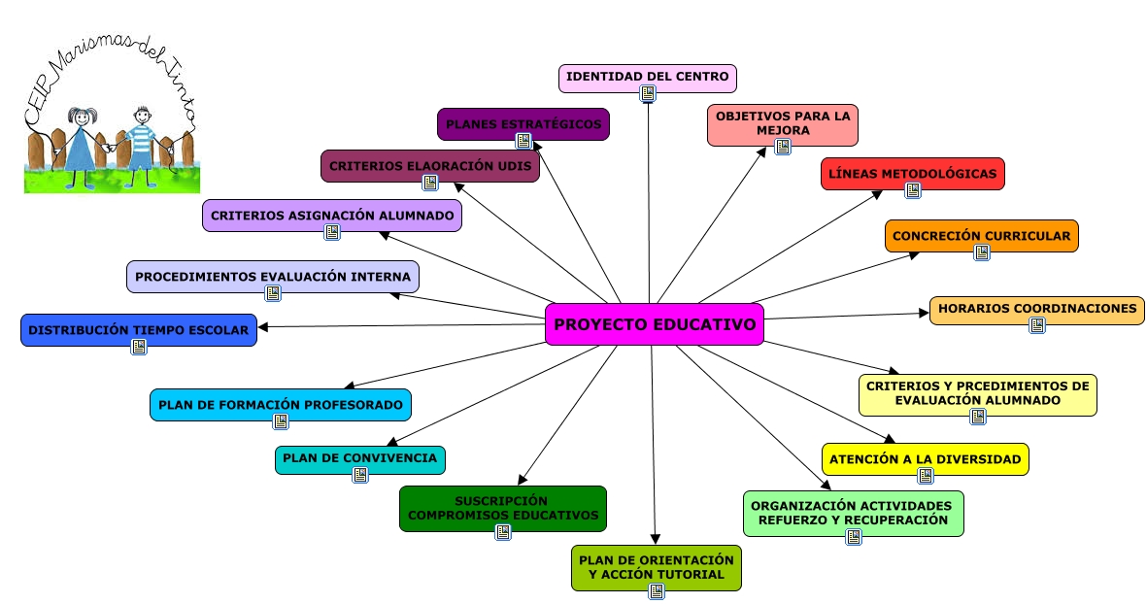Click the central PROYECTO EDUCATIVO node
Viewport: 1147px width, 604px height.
[x=655, y=323]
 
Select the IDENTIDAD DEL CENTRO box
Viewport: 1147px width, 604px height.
[x=648, y=76]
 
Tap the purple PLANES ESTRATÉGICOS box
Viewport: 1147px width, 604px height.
[x=523, y=123]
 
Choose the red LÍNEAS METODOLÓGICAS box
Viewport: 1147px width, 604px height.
[x=912, y=173]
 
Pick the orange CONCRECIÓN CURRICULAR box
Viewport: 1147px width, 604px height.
[x=981, y=235]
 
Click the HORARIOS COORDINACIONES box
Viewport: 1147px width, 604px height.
[x=1036, y=309]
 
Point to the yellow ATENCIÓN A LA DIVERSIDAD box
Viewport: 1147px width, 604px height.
[x=925, y=458]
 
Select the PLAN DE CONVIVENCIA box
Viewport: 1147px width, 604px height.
[x=359, y=458]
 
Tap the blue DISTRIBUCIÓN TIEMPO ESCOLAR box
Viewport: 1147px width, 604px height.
[x=138, y=329]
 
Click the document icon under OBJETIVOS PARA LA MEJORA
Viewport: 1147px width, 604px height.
[x=783, y=147]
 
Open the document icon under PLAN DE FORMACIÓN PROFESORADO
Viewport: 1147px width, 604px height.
[x=281, y=421]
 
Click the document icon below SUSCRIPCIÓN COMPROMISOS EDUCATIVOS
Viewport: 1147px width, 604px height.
[x=503, y=531]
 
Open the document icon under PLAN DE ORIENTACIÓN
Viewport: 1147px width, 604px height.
[x=657, y=590]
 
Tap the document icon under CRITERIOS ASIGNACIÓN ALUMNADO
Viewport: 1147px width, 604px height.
[x=332, y=232]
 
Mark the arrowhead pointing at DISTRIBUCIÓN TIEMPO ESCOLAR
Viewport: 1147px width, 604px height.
[x=263, y=326]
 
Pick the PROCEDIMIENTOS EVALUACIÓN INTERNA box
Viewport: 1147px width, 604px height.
[x=273, y=276]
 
